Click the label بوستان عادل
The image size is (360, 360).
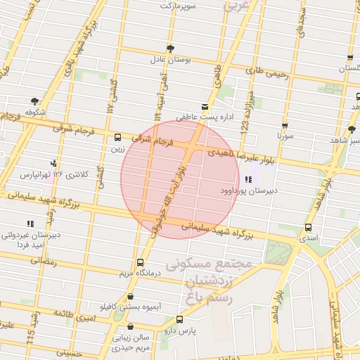167,59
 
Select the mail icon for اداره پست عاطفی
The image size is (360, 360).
205,106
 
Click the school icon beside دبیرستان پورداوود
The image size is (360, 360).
247,179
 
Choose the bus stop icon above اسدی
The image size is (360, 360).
308,227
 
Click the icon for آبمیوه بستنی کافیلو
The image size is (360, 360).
131,296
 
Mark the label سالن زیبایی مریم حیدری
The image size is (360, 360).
133,342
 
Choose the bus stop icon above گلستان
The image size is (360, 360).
349,58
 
